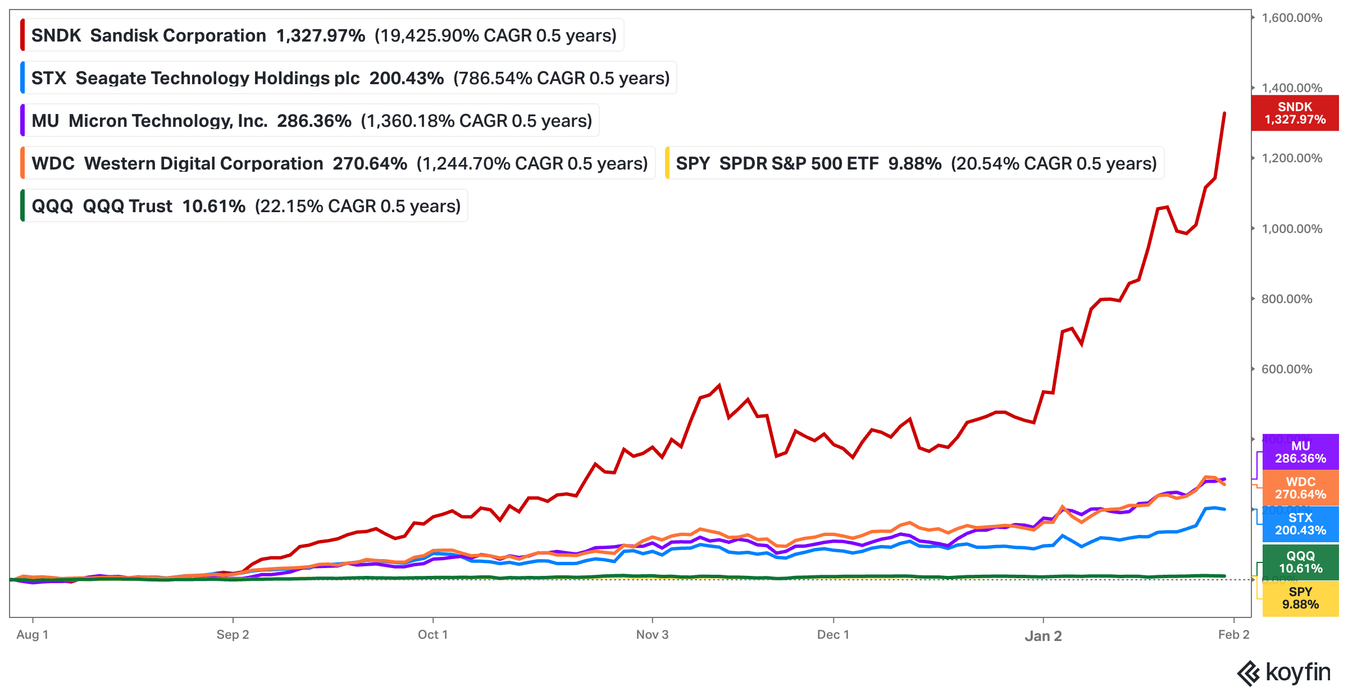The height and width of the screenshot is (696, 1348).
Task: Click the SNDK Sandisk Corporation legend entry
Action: coord(324,35)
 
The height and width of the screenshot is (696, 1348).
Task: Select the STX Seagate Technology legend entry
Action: coord(350,78)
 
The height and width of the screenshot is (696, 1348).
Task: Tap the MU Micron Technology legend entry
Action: coord(311,121)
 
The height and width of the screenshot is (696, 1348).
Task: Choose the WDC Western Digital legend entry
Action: coord(339,163)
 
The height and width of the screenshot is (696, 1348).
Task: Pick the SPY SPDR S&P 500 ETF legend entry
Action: coord(916,163)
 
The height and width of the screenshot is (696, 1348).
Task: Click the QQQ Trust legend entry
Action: coord(245,206)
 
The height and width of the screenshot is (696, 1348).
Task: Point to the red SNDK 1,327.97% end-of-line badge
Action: coord(1295,113)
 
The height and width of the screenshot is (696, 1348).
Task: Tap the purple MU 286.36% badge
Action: coord(1300,452)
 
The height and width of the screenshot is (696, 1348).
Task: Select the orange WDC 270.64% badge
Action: coord(1300,488)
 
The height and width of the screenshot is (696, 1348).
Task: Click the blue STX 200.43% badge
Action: coord(1300,524)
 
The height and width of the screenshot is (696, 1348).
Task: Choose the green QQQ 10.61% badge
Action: coord(1300,562)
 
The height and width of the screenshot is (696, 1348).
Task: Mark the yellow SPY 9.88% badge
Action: coord(1300,598)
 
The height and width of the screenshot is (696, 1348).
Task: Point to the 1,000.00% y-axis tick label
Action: coord(1292,229)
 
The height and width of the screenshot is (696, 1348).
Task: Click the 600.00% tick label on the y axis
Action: coord(1287,369)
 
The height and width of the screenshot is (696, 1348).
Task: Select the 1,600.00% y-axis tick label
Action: coord(1292,18)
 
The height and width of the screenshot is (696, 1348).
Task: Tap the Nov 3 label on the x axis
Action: coord(652,635)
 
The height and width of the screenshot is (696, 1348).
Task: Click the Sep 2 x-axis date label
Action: coord(233,635)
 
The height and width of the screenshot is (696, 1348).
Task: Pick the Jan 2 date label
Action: coord(1043,636)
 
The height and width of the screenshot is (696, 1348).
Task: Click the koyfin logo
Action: coord(1284,673)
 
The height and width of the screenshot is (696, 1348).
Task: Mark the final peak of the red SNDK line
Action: coord(1224,113)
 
